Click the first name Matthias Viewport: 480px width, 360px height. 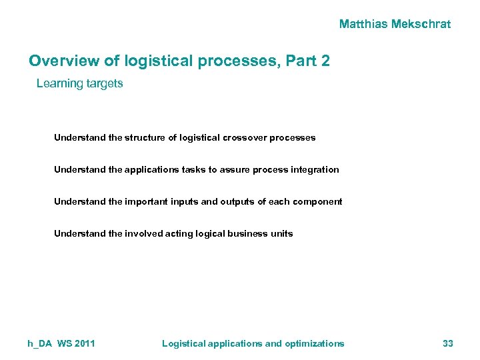(364, 24)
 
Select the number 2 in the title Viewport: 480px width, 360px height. (325, 61)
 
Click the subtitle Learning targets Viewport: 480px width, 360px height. (79, 83)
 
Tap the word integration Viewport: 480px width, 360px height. (315, 169)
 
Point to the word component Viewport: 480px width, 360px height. (317, 201)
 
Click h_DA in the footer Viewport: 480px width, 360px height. (39, 343)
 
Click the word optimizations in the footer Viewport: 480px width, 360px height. (315, 343)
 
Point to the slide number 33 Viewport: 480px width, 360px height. (447, 343)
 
